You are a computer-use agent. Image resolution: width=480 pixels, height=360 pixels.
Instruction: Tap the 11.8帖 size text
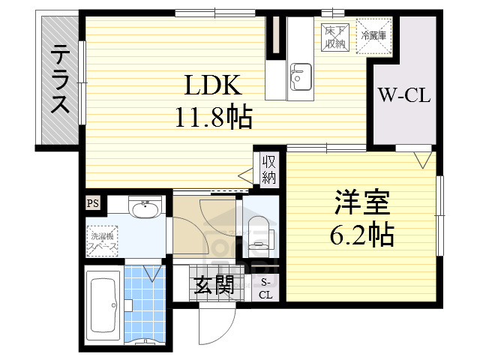pos(213,117)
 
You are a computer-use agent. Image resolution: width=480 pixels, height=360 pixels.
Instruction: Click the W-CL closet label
pos(403,95)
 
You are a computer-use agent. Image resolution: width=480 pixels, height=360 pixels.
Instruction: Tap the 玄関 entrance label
pos(214,284)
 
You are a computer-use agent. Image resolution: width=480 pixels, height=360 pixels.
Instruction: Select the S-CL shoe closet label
pos(267,288)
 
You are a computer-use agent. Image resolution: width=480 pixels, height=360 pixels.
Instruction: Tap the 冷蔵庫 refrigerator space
pos(373,36)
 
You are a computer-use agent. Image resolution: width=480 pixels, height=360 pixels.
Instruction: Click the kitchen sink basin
pos(301,75)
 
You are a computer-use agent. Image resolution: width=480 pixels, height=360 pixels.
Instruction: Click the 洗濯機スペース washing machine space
pos(101,238)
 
